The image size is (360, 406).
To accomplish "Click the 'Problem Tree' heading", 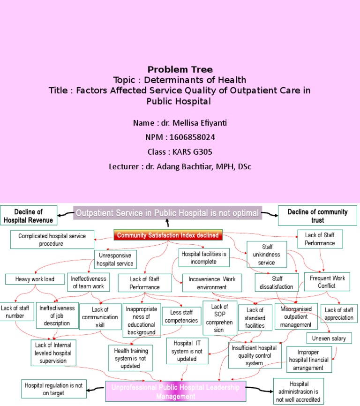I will coord(180,69).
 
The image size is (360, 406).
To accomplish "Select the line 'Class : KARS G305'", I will coord(180,151).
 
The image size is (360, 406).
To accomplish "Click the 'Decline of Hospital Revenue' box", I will coord(29,216).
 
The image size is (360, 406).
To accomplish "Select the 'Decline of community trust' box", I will coord(317,216).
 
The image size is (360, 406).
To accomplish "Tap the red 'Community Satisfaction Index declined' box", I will coord(168,235).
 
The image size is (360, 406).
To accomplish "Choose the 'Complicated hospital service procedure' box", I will coord(52,240).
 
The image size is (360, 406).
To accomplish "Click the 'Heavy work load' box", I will coord(35,279).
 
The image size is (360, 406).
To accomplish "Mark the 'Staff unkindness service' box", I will coord(267,254).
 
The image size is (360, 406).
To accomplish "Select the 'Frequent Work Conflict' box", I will coord(327,282).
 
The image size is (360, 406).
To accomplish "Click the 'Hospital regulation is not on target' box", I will coord(53,389).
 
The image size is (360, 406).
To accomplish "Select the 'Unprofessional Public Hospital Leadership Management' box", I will coord(175,391).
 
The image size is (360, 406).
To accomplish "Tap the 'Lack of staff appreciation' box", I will coord(339,313).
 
